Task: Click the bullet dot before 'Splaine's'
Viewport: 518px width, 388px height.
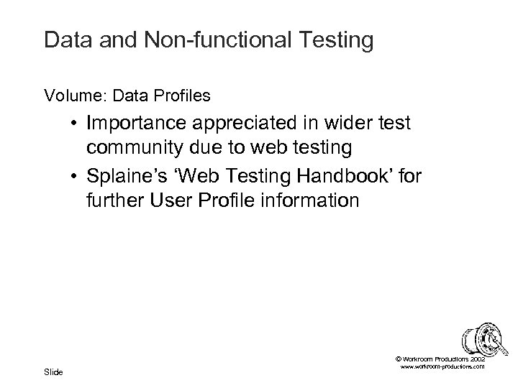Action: coord(75,175)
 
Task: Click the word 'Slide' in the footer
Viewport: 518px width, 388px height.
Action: coord(53,371)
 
